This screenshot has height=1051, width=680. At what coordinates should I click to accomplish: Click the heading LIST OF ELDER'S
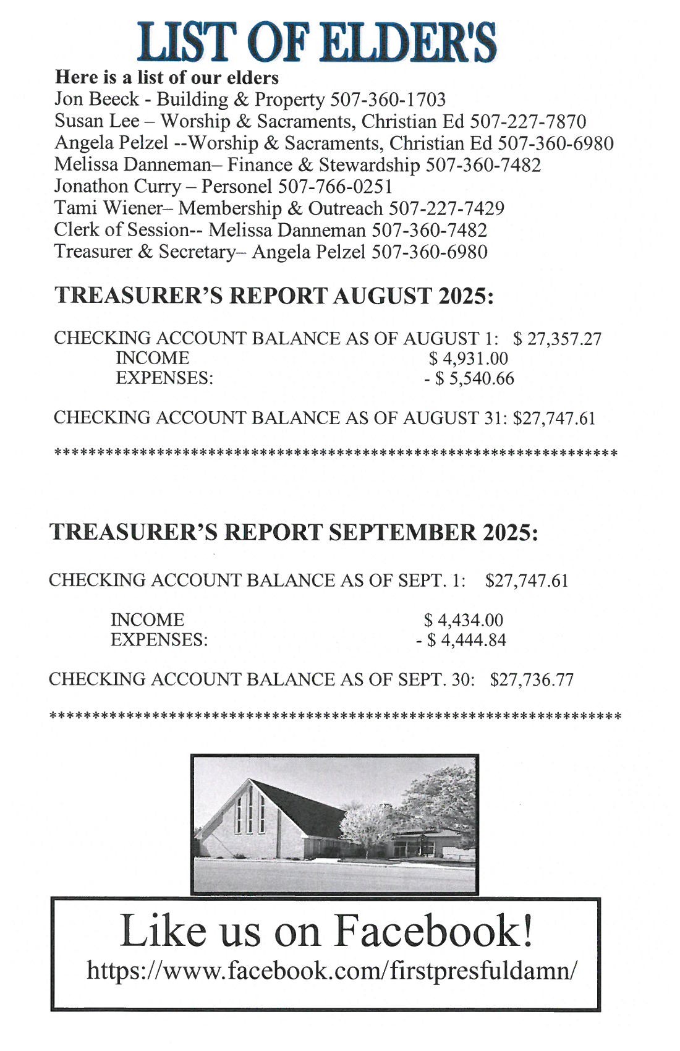(x=317, y=41)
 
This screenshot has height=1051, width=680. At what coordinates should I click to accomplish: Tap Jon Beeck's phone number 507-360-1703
(x=388, y=100)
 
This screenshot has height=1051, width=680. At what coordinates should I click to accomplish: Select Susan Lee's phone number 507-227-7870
(x=529, y=121)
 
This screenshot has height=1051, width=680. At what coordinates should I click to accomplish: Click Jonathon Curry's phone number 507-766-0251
(x=335, y=186)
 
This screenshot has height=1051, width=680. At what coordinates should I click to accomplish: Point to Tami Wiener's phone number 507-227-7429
(x=446, y=208)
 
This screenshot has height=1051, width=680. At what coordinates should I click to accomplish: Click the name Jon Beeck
(x=96, y=100)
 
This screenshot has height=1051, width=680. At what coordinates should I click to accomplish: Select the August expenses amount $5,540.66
(x=474, y=378)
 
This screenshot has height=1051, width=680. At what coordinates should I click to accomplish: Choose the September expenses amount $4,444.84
(x=467, y=640)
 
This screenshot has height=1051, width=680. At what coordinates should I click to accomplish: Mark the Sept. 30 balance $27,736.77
(x=532, y=680)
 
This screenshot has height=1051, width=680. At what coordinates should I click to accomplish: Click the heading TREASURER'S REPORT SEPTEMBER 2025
(x=294, y=532)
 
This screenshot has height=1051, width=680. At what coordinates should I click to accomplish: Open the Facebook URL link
(x=333, y=970)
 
